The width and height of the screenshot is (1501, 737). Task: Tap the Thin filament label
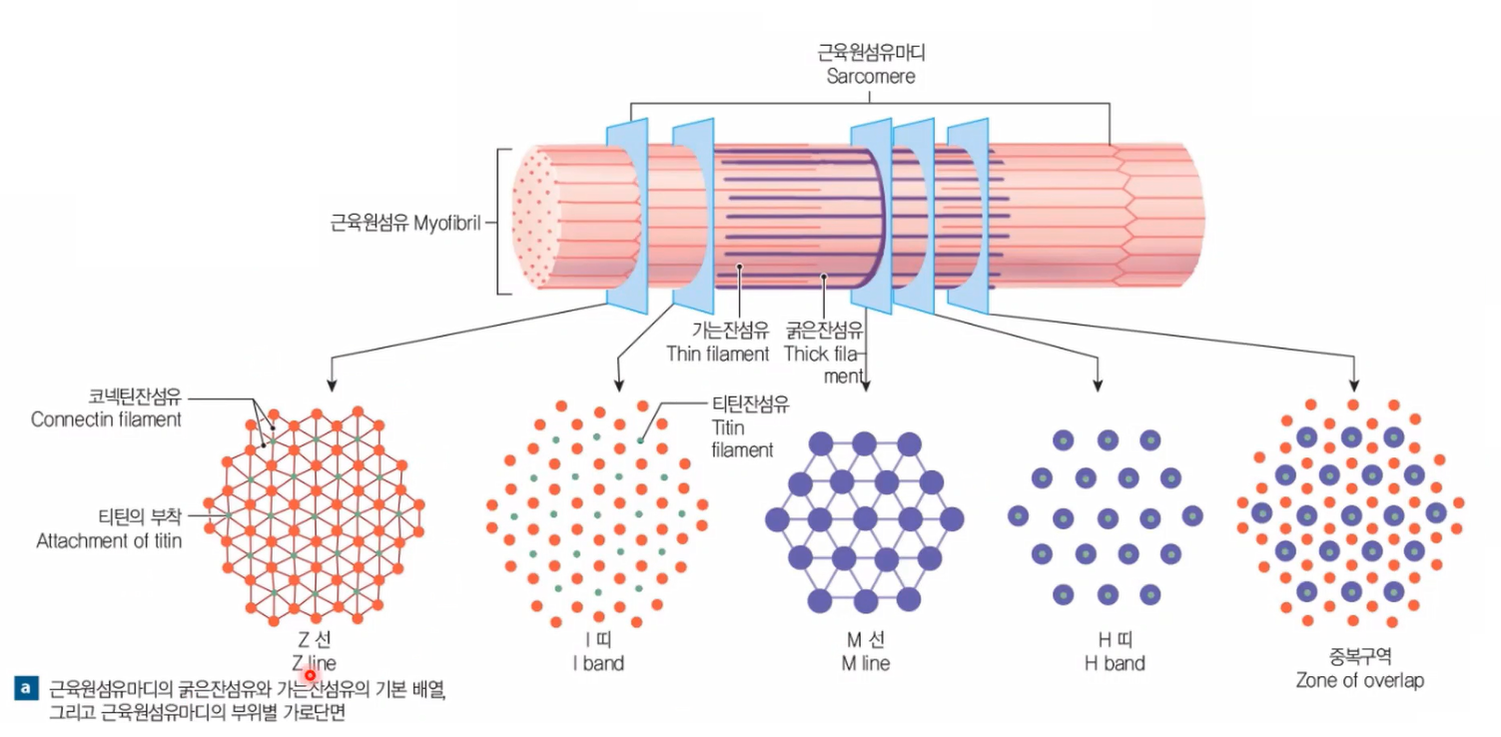pos(717,354)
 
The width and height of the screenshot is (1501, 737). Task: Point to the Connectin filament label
pos(106,419)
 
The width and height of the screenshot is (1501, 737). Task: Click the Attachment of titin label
pos(109,541)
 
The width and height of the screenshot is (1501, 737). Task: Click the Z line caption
pos(314,662)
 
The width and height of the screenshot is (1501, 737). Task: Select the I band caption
pos(591,662)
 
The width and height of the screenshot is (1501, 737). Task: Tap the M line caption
pos(865,662)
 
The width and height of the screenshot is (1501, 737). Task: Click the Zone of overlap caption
pos(1359,680)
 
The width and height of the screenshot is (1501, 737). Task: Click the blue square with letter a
pos(26,688)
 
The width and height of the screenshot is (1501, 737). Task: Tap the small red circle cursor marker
pos(311,675)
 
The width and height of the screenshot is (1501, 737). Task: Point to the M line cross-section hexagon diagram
pos(864,520)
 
